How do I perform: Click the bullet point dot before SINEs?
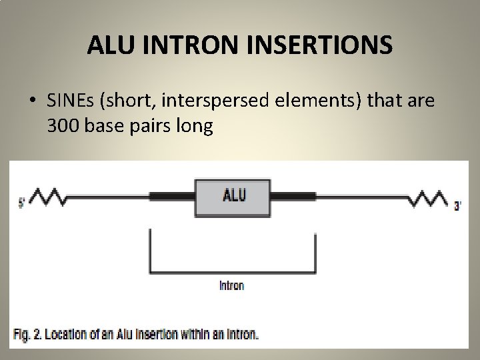(33, 101)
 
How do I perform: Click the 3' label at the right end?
(457, 207)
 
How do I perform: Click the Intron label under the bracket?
(231, 285)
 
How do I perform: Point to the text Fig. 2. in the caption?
(30, 333)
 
